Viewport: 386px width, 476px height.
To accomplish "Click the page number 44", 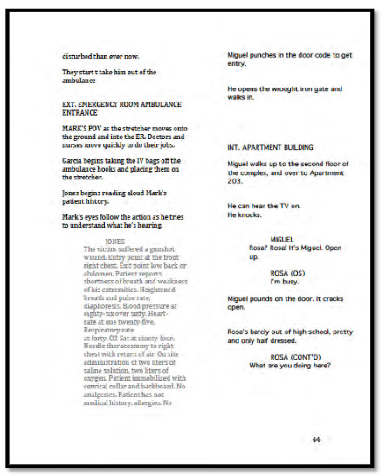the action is (317, 439).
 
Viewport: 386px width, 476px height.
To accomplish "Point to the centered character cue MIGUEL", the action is (282, 239).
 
